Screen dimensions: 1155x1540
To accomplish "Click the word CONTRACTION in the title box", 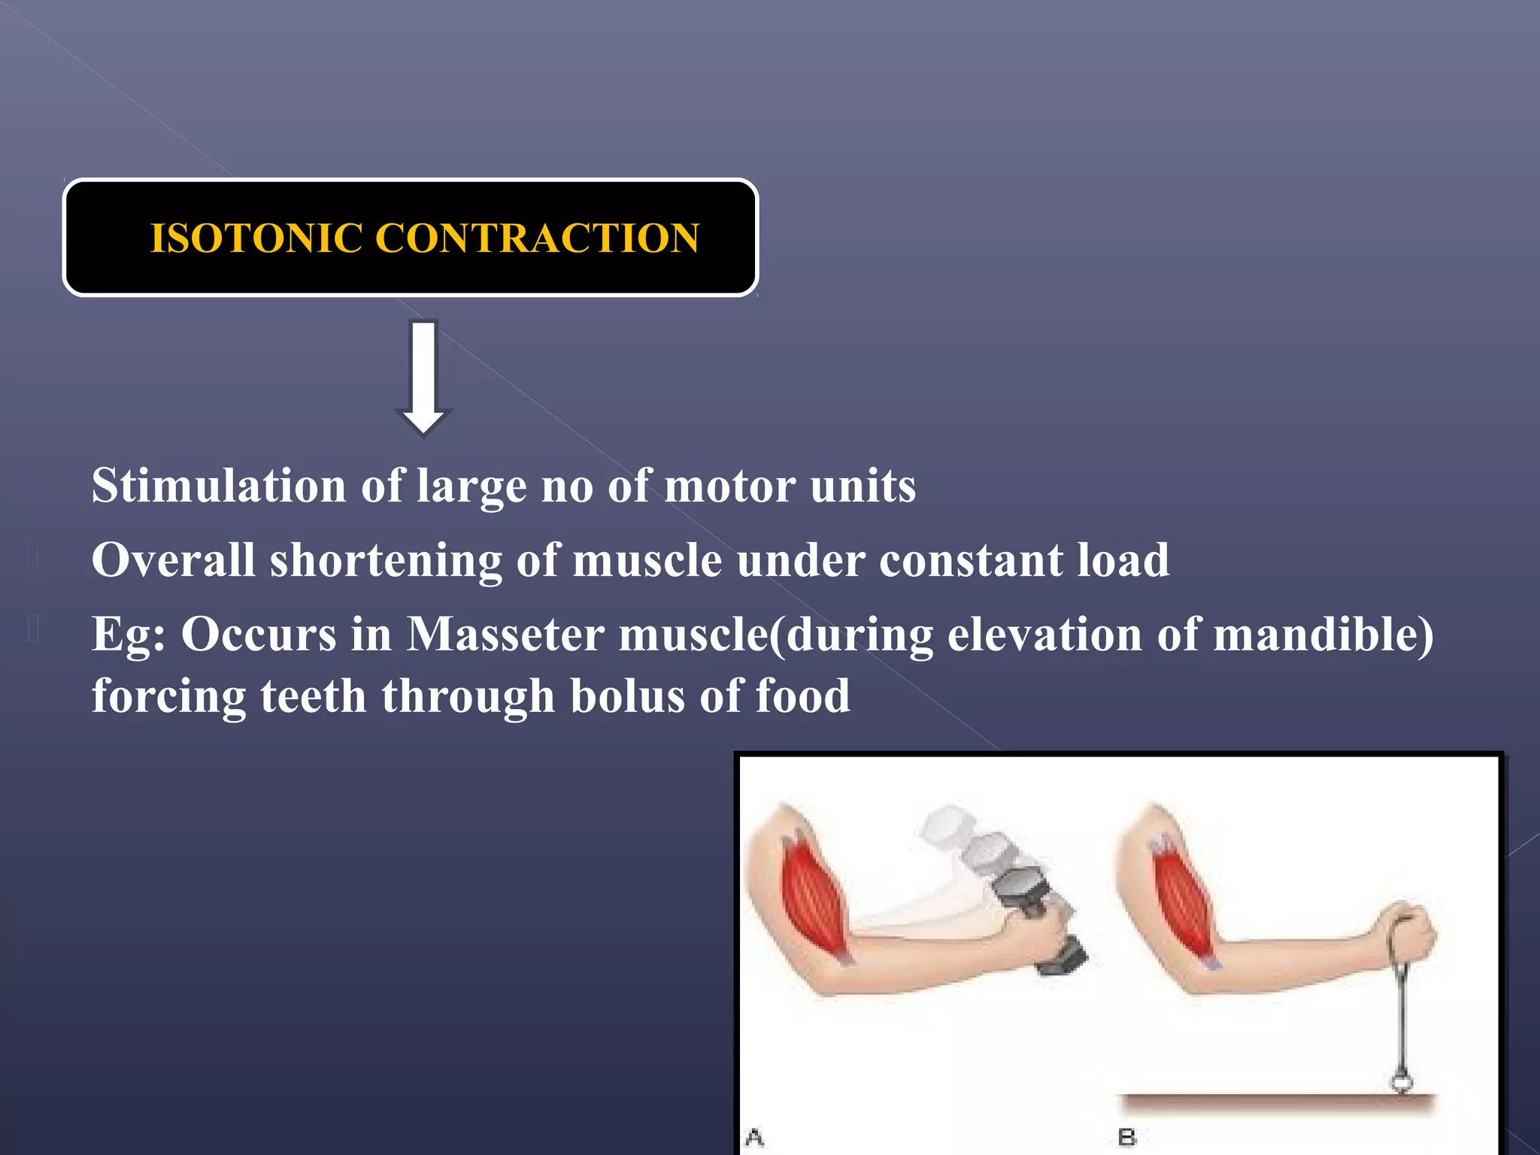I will coord(537,238).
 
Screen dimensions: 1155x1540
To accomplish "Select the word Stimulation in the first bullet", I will coord(219,486).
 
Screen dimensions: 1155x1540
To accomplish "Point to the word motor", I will coord(729,486).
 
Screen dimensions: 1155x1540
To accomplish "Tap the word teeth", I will coord(313,696).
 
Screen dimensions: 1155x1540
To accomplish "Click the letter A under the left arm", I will coord(754,1137).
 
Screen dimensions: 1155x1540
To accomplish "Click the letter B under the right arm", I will coord(1126,1137).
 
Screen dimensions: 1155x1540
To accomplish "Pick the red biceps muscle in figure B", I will coord(1182,902).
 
